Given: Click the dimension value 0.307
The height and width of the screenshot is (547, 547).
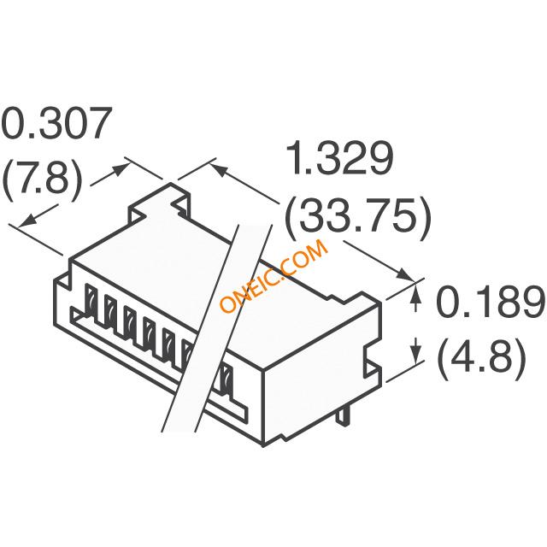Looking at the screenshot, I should pos(56,126).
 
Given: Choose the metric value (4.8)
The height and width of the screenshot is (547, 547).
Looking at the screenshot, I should pos(481,358).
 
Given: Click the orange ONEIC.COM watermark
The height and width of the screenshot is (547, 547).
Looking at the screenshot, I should pos(274,275).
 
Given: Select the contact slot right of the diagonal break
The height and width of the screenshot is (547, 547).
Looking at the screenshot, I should pos(226,379).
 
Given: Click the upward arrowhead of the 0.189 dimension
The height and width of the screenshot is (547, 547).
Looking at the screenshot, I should pos(415,295).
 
